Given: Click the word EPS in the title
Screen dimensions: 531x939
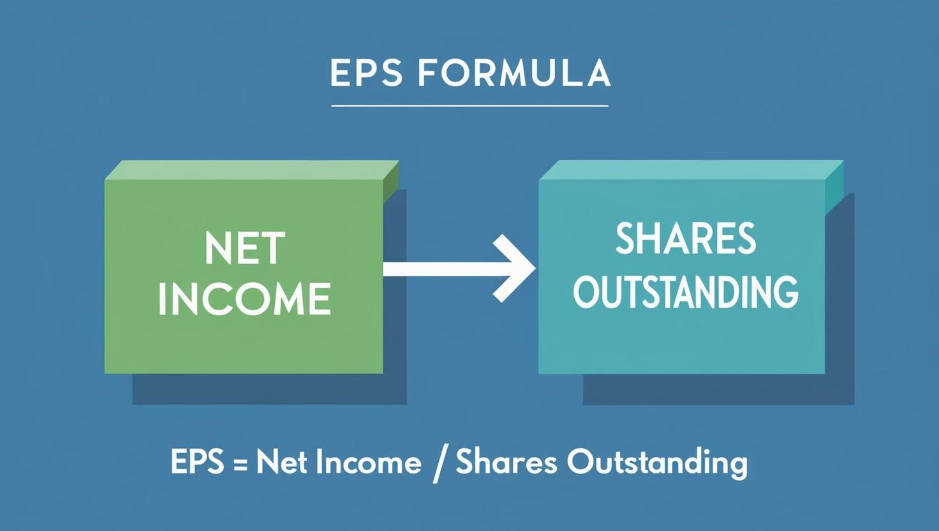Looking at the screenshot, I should coord(366,73).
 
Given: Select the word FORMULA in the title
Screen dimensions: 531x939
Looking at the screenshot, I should coord(514,73).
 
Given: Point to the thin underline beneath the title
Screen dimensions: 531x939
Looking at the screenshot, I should coord(470,106).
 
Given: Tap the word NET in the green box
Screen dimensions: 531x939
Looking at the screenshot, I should coord(245,249).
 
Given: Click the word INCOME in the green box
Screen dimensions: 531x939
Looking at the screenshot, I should coord(244,299).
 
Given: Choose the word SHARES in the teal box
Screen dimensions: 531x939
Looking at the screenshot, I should coord(685,239).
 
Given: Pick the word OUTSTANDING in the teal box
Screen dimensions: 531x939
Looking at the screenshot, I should coord(685,292).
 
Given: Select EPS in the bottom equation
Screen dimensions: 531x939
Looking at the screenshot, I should coord(197,461).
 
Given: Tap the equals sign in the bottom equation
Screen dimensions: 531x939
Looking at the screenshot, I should coord(240,463).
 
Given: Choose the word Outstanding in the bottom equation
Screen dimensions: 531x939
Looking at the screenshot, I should coord(657,463).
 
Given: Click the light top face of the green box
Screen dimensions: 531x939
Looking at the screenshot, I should coord(252,170).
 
